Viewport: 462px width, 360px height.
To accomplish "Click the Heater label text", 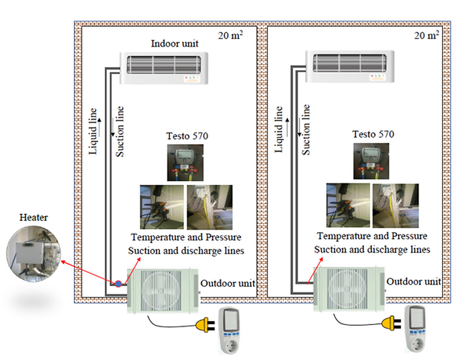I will click(34, 217).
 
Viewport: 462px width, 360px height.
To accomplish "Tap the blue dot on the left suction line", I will click(119, 284).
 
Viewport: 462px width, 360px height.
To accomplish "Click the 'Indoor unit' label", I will click(175, 43).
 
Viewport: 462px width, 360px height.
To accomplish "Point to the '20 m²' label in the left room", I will click(231, 36).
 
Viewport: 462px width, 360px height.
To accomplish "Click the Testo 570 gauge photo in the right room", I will click(371, 161).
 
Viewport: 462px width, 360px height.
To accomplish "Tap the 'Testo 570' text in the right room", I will click(373, 135).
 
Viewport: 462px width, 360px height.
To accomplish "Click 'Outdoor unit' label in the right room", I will click(414, 282).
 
